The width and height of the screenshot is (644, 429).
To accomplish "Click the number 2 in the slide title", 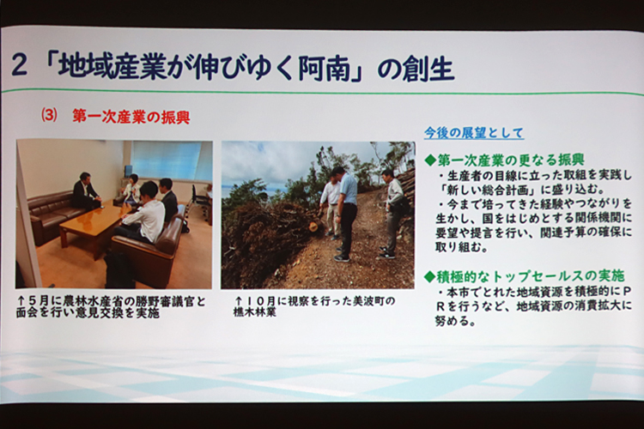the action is (x=19, y=66).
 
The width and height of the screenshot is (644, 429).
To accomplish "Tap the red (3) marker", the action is (x=49, y=115).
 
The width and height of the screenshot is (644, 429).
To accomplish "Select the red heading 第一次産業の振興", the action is (x=131, y=117).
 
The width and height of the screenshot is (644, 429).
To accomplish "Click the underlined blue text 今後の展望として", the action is (x=474, y=133).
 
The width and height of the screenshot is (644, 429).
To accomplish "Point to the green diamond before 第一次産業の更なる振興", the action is (x=429, y=160).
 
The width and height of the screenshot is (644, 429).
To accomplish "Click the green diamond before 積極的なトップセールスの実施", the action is (x=429, y=277).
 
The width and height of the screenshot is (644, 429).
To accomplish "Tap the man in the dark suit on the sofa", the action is (x=85, y=190).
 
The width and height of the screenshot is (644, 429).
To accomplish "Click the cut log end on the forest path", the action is (x=313, y=226).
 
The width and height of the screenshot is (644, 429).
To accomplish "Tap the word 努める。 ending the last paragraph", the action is (x=455, y=321).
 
